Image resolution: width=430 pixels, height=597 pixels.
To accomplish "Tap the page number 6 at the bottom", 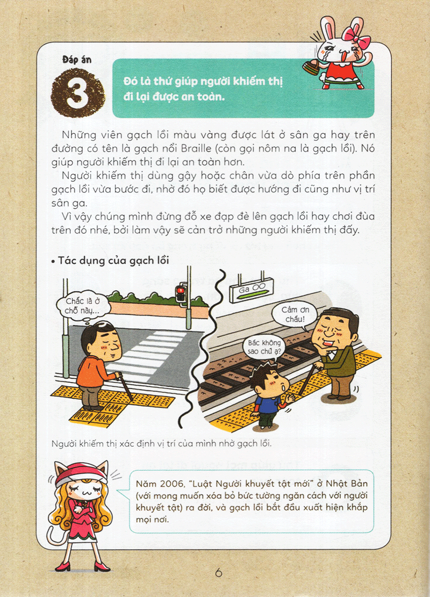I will tap(218, 572).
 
